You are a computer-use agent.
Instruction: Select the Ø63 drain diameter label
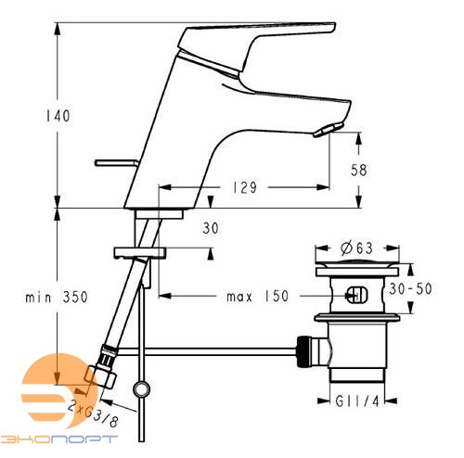(x=356, y=248)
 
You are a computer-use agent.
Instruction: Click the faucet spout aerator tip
(x=324, y=130)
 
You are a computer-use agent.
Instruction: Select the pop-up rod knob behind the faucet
(x=116, y=163)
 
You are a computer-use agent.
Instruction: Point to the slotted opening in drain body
(x=354, y=297)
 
